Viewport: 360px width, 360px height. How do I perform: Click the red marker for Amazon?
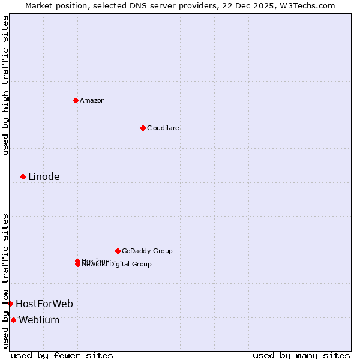tap(76, 100)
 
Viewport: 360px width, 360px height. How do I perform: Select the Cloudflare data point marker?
tap(143, 128)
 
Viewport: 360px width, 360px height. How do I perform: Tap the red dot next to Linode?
tap(23, 176)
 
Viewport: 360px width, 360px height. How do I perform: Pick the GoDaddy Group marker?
tap(118, 251)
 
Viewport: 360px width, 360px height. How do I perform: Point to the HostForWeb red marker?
tap(10, 304)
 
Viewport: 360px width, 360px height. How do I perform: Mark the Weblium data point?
tap(13, 320)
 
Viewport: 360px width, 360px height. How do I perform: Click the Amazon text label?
tap(92, 100)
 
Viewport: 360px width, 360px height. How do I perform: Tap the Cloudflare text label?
tap(163, 128)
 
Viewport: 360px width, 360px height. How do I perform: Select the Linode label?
tap(44, 176)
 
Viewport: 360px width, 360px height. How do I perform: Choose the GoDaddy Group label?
tap(147, 251)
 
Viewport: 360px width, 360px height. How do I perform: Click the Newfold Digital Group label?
tap(118, 265)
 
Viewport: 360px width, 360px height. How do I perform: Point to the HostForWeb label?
tap(44, 304)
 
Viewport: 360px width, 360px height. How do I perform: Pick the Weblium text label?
tap(39, 320)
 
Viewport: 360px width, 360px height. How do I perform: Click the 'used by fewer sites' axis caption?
tap(62, 355)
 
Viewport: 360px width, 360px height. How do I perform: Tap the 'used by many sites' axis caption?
tap(301, 355)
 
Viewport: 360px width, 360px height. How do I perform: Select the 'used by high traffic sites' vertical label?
tap(5, 85)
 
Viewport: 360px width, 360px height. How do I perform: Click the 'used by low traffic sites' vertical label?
tap(5, 281)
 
